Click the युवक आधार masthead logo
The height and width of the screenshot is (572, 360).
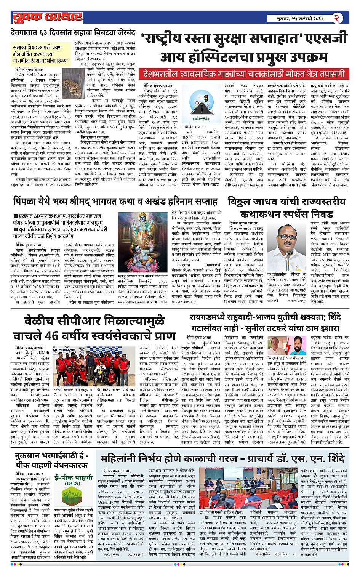[47, 18]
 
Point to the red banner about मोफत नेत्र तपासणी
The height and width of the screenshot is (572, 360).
[244, 74]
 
